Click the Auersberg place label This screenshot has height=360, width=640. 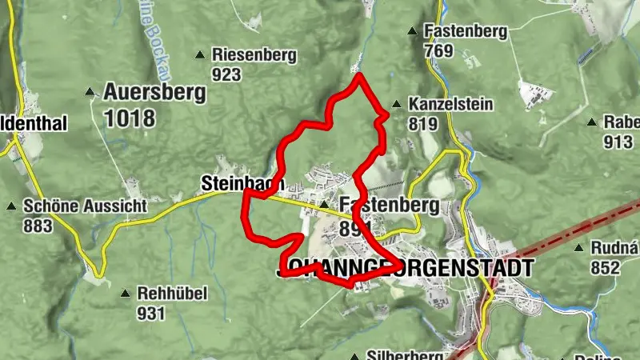point(154,92)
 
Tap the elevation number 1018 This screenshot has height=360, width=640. point(129,118)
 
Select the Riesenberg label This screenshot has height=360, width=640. point(254,55)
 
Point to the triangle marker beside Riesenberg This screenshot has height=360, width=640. point(200,54)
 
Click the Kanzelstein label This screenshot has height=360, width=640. point(450,105)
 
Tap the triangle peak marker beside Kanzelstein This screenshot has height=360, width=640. point(397,104)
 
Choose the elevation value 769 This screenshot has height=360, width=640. point(439,51)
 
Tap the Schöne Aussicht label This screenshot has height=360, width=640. point(85,206)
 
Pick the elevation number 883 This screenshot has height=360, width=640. point(38,226)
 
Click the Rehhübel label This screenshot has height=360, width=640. point(171,294)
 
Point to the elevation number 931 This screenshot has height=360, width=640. point(151,313)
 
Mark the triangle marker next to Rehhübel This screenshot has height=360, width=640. point(125,294)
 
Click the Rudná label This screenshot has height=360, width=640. point(614,249)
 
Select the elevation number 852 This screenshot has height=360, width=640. point(604,268)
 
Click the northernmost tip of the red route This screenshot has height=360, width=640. point(359,75)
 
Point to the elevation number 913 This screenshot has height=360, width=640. point(617,142)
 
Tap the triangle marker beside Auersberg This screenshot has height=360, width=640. point(90,92)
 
